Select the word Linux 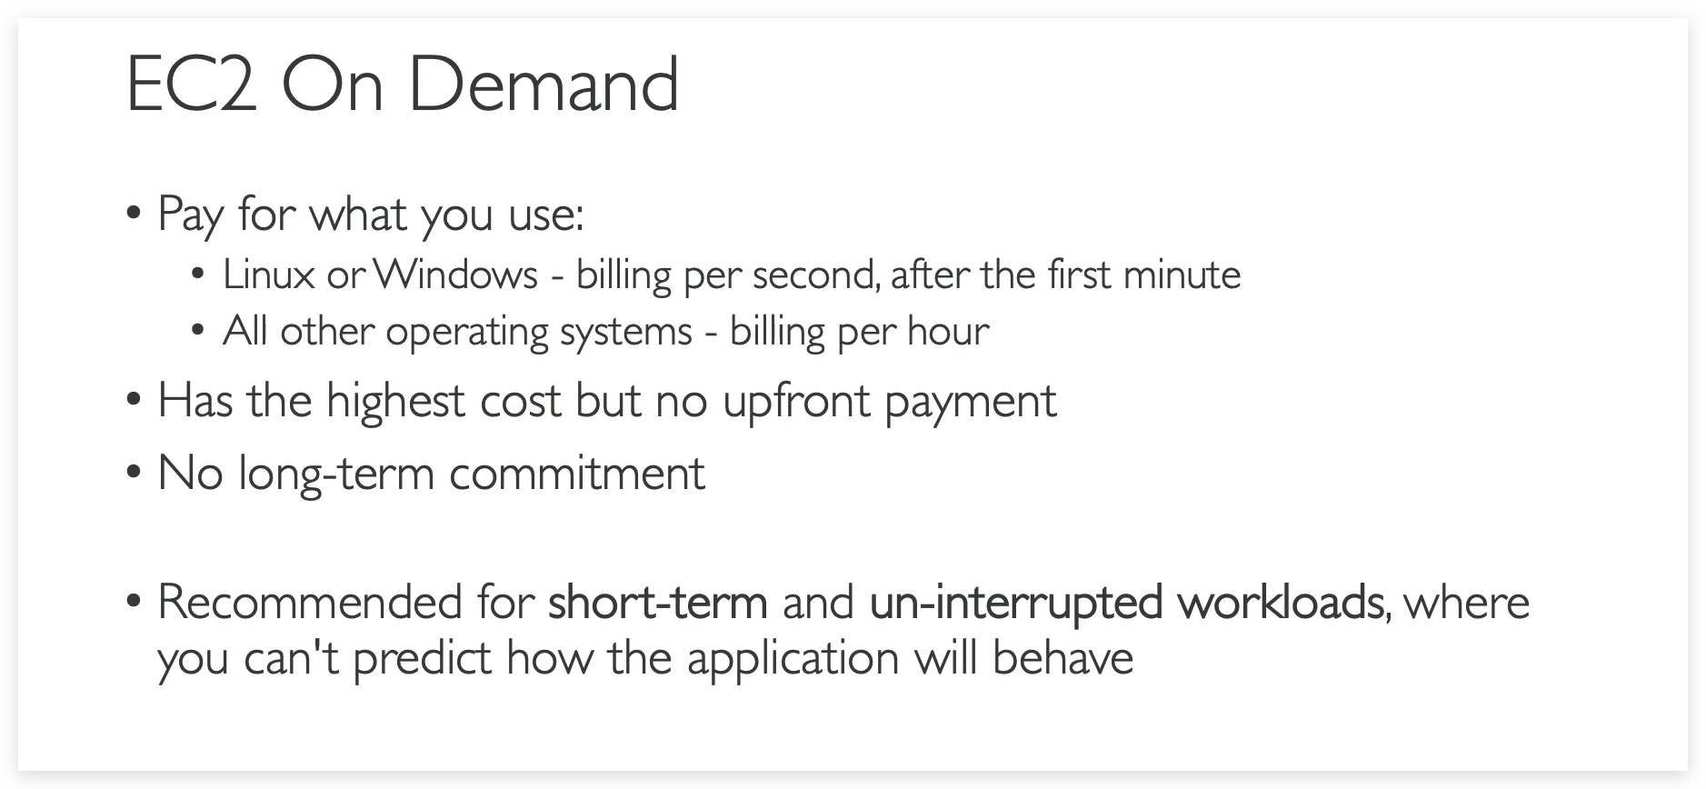point(269,275)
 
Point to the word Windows point(454,275)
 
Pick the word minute point(1182,275)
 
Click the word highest point(395,400)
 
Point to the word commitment point(577,473)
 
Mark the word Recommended point(311,602)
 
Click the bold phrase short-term point(658,602)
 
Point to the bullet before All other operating point(197,332)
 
